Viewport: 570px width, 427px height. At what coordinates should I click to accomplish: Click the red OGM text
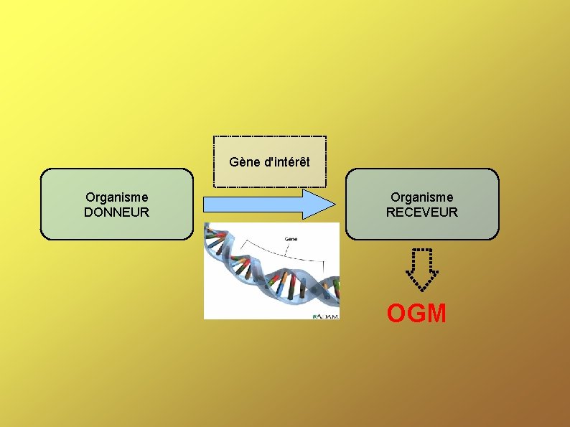pyautogui.click(x=416, y=314)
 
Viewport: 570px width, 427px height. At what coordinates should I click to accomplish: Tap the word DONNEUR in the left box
pyautogui.click(x=116, y=212)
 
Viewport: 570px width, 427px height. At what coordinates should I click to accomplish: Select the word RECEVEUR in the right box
pyautogui.click(x=421, y=212)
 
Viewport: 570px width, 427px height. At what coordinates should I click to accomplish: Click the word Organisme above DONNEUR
pyautogui.click(x=116, y=197)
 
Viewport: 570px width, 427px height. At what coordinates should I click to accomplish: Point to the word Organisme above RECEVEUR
pyautogui.click(x=421, y=197)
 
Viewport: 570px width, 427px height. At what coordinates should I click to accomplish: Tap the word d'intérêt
pyautogui.click(x=287, y=162)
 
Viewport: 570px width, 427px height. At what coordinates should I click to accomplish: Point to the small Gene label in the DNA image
pyautogui.click(x=292, y=239)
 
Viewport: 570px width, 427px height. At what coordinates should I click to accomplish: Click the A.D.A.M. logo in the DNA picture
pyautogui.click(x=325, y=314)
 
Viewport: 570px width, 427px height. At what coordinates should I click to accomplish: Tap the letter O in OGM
pyautogui.click(x=397, y=314)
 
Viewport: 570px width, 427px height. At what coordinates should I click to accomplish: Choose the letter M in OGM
pyautogui.click(x=436, y=314)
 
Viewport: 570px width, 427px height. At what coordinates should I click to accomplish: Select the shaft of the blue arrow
pyautogui.click(x=251, y=205)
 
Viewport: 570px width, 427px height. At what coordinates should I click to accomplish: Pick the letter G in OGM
pyautogui.click(x=416, y=314)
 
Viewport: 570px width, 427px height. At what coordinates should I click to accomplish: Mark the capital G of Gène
pyautogui.click(x=234, y=162)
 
